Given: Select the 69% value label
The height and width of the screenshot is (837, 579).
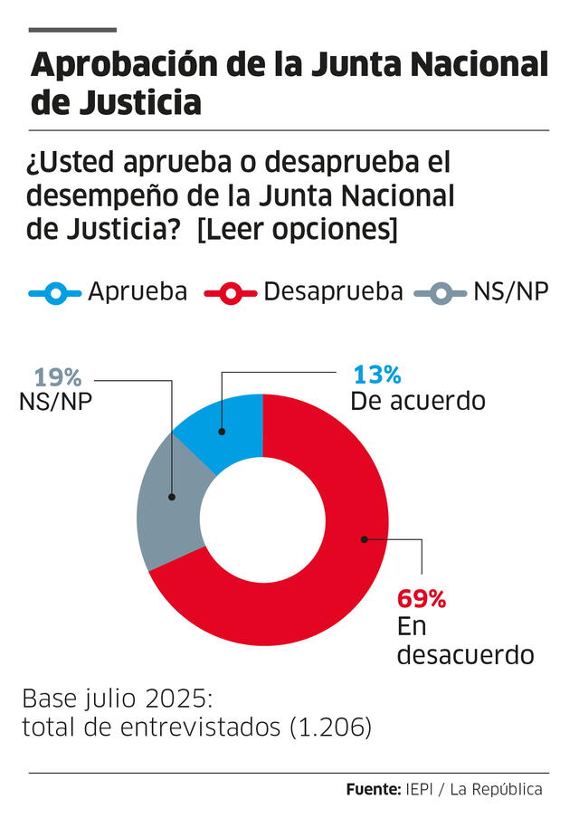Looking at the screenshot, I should coord(422,599).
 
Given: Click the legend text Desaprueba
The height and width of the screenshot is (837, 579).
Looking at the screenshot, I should coord(333,291).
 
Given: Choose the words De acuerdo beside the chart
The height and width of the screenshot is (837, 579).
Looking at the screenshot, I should coord(419,400).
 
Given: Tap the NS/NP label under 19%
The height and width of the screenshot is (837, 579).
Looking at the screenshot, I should coord(55,403).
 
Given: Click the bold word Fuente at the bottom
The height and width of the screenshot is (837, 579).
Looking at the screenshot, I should coord(372,789).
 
